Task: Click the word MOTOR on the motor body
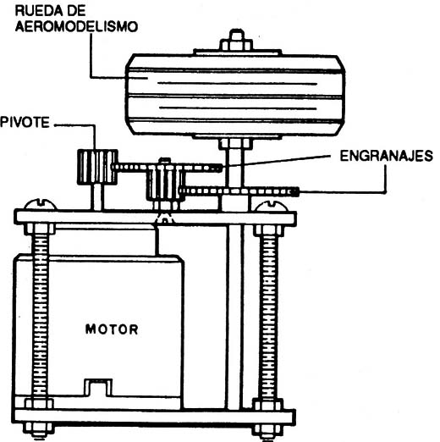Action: click(x=112, y=329)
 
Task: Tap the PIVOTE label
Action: click(x=25, y=123)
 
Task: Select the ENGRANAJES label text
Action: click(x=386, y=156)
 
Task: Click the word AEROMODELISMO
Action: click(x=76, y=26)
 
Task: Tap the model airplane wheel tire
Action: click(x=235, y=95)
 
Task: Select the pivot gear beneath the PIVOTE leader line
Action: click(x=97, y=167)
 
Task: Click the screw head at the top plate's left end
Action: click(x=40, y=204)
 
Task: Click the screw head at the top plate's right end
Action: click(x=272, y=206)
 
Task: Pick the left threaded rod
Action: click(x=40, y=316)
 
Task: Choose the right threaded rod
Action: click(x=268, y=317)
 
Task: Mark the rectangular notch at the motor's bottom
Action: click(x=98, y=388)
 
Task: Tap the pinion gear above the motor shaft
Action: click(x=165, y=182)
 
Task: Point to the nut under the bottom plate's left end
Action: click(x=37, y=429)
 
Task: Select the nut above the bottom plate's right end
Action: click(x=267, y=405)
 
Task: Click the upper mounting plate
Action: click(x=155, y=218)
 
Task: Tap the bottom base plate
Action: click(x=154, y=417)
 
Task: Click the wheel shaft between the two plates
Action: click(x=234, y=317)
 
